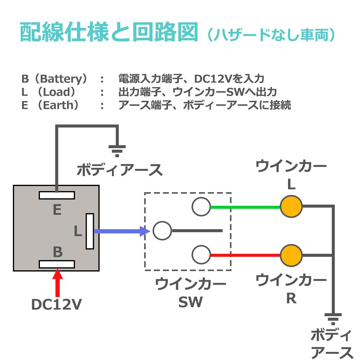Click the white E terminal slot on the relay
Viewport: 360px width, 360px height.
click(x=57, y=195)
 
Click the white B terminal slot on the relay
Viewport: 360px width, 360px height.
click(x=57, y=264)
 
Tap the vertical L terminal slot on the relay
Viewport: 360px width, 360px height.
click(x=90, y=231)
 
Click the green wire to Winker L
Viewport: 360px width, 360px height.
click(x=245, y=207)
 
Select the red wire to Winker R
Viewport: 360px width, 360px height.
click(x=245, y=256)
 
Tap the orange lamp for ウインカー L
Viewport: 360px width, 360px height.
click(x=291, y=207)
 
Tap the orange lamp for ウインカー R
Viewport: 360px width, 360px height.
click(x=291, y=256)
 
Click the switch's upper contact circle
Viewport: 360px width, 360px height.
click(x=201, y=207)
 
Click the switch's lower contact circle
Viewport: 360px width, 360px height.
click(x=201, y=255)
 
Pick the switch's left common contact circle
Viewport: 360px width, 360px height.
click(x=162, y=231)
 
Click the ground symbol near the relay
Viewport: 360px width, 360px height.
click(x=117, y=151)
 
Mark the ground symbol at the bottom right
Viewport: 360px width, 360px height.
click(x=333, y=319)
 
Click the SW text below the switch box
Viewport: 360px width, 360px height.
click(x=190, y=302)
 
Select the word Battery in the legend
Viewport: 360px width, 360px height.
click(x=61, y=79)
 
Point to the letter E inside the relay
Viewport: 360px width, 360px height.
click(x=57, y=210)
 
